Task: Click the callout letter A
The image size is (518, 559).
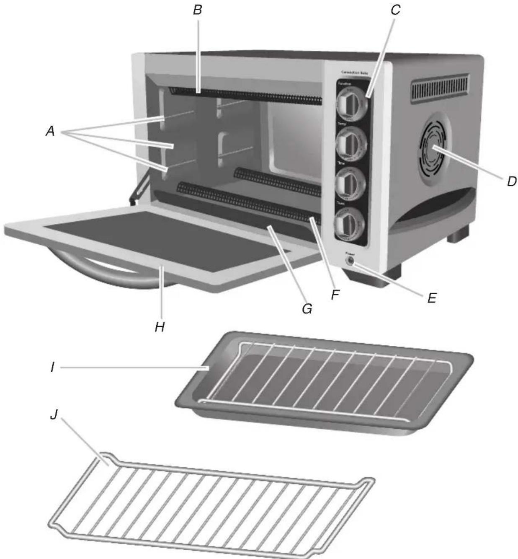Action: (x=50, y=132)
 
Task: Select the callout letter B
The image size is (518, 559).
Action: (x=198, y=10)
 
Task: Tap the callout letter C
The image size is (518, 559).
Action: (x=395, y=10)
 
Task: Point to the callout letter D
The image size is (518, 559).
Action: (x=511, y=182)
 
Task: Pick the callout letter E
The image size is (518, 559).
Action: (x=432, y=298)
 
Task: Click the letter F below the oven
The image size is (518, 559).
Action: (x=335, y=295)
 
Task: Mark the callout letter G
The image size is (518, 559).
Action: (x=307, y=309)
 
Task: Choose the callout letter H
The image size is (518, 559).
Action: (x=159, y=327)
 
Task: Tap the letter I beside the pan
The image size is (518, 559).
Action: (x=52, y=367)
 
